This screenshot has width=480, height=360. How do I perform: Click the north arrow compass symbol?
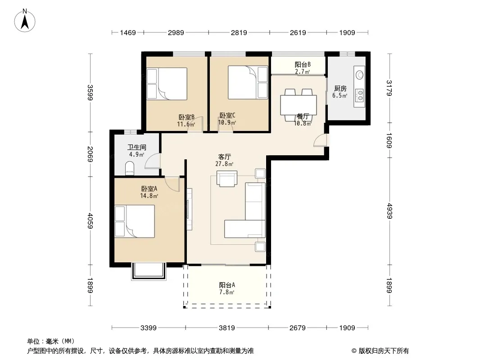(x=25, y=21)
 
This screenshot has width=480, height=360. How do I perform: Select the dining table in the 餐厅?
(x=299, y=105)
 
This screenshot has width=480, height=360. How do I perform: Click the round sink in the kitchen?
(x=360, y=75)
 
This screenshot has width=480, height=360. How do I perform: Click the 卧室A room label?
(x=149, y=189)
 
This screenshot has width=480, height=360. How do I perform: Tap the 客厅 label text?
(x=224, y=157)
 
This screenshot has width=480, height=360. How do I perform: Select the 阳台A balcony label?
(x=227, y=285)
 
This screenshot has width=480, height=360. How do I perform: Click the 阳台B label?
(x=303, y=64)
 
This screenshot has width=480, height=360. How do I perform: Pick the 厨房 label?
(x=340, y=88)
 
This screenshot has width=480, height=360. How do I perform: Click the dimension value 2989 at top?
(x=176, y=32)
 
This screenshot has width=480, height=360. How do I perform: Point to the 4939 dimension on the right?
(x=389, y=211)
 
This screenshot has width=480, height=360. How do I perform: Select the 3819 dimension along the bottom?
(x=227, y=328)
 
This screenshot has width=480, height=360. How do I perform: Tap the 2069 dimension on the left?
(x=90, y=154)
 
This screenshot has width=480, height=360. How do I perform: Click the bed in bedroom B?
(x=167, y=84)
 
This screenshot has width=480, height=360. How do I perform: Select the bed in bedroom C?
(x=248, y=83)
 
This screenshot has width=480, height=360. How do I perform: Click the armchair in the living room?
(x=227, y=179)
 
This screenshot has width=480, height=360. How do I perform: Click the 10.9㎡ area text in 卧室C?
(x=227, y=122)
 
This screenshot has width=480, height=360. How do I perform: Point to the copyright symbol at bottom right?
(x=354, y=351)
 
